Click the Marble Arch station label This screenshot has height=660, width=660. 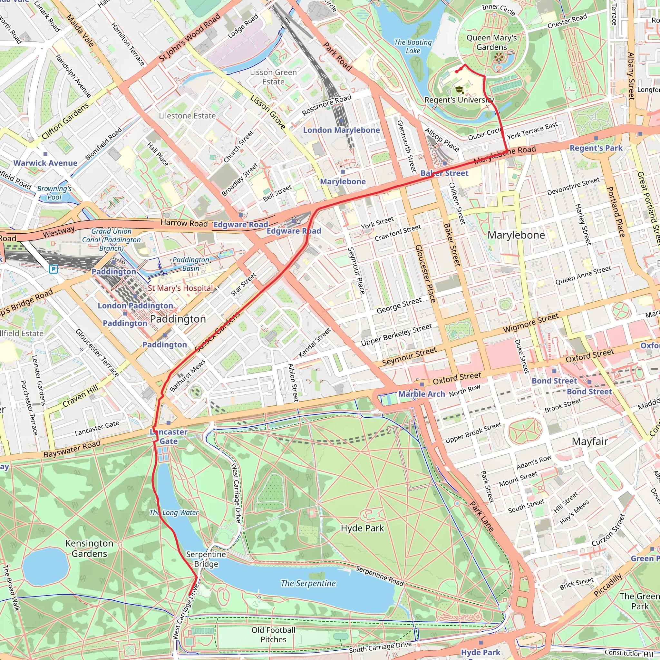[422, 394]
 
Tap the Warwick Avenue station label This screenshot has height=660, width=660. [45, 163]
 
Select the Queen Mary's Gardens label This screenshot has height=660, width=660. [491, 42]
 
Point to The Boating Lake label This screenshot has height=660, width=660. [413, 46]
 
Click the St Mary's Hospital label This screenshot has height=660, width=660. [180, 288]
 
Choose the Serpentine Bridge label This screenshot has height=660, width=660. [206, 559]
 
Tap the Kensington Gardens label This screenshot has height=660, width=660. [89, 548]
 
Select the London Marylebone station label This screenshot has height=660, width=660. [341, 130]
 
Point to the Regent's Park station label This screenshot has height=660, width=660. [596, 148]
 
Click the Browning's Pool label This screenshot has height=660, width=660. [54, 193]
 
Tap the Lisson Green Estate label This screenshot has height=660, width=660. [273, 77]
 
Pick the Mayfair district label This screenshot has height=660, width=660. [590, 442]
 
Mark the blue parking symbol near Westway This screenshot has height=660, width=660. [53, 269]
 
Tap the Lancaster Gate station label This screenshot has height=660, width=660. [169, 437]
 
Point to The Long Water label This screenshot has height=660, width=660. [174, 512]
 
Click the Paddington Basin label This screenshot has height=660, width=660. [191, 264]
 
